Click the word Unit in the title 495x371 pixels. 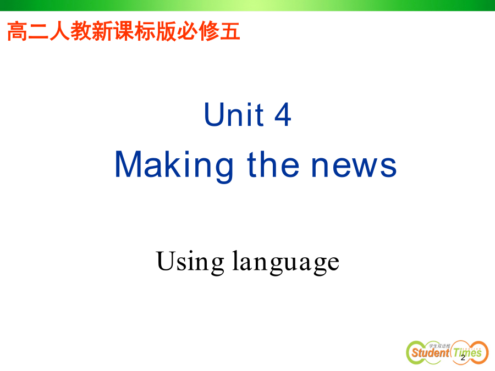click(x=234, y=114)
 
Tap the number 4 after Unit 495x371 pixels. click(x=283, y=114)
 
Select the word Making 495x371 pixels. click(x=174, y=165)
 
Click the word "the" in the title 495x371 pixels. click(x=273, y=164)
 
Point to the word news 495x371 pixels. click(x=354, y=166)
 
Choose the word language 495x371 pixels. click(x=286, y=262)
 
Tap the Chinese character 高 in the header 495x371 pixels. click(x=18, y=31)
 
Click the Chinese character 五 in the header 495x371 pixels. click(x=230, y=31)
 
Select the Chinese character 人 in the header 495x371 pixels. click(x=60, y=31)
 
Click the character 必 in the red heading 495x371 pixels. click(x=188, y=31)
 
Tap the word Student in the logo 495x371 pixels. click(x=430, y=352)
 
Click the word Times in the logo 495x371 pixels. click(x=468, y=352)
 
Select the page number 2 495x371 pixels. click(x=463, y=358)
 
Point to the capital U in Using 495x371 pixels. click(x=165, y=261)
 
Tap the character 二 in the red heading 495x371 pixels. click(x=38, y=31)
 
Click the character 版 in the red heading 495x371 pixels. click(x=166, y=31)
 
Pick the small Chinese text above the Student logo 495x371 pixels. click(x=439, y=346)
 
